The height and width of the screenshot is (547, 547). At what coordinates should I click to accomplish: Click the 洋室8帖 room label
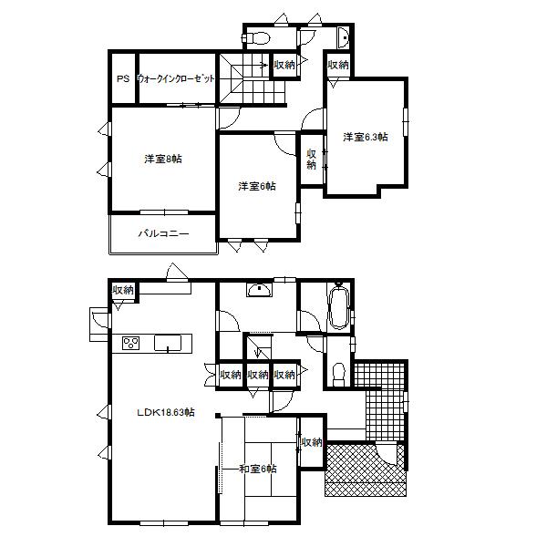(162, 160)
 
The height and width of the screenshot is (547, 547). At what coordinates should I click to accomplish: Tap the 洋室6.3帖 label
(365, 138)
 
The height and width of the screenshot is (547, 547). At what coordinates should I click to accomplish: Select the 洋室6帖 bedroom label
(257, 187)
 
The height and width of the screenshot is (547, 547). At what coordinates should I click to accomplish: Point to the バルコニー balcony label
(163, 234)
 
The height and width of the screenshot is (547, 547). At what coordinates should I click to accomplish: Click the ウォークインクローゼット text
(177, 79)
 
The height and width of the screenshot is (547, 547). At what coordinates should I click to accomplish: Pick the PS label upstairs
(122, 79)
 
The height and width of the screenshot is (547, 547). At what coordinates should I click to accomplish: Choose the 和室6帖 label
(258, 469)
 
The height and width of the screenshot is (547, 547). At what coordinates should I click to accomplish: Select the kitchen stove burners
(130, 344)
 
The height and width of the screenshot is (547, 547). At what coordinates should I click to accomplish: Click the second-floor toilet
(259, 38)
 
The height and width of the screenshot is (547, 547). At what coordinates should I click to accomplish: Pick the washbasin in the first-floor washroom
(259, 291)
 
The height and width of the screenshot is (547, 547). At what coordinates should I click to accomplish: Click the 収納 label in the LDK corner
(122, 290)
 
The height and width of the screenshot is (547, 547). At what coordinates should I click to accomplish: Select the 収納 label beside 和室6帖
(311, 442)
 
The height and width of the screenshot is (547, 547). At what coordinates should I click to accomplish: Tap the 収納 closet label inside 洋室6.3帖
(311, 159)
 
